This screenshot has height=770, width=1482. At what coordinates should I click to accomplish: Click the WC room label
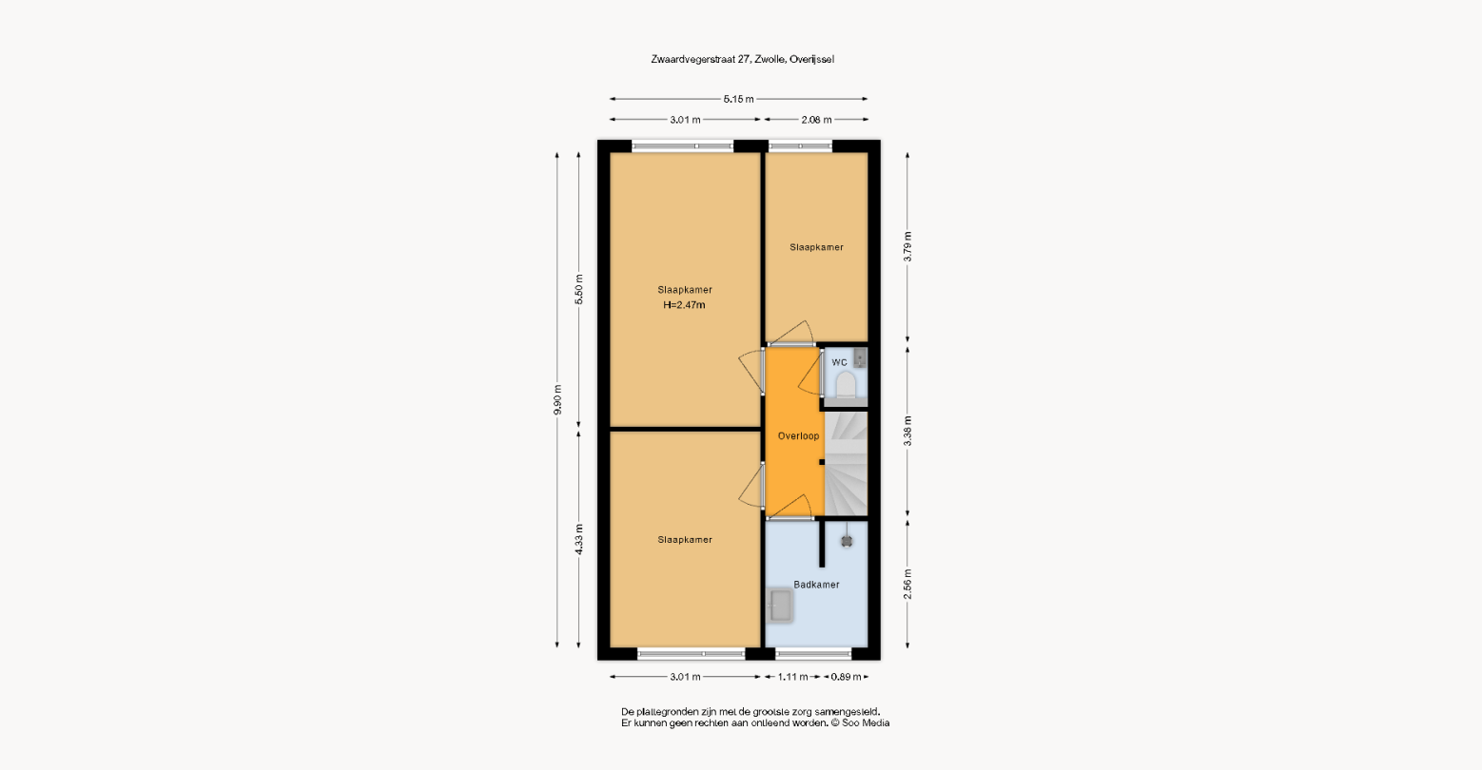tap(839, 362)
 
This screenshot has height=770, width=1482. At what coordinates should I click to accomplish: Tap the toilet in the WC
tap(846, 385)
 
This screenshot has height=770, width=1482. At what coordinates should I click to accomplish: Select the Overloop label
tap(798, 435)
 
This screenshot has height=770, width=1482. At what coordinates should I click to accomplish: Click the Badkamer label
tap(816, 585)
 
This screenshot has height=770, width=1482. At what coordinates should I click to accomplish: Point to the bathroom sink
tap(780, 606)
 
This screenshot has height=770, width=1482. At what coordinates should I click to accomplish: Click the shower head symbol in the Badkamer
tap(847, 541)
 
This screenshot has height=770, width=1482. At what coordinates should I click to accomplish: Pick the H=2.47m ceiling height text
tap(684, 305)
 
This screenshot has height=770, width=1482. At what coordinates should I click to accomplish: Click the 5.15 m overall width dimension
tap(738, 99)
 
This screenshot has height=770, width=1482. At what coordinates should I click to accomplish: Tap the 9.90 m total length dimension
tap(557, 399)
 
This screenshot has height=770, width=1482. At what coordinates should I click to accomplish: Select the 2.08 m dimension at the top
tap(816, 120)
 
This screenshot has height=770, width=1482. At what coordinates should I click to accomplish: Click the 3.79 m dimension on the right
tap(907, 246)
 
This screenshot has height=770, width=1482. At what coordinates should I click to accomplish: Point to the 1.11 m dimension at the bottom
tap(792, 677)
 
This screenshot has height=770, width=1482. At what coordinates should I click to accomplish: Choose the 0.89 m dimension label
tap(847, 677)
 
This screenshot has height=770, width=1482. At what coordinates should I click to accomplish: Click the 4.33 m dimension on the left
tap(579, 539)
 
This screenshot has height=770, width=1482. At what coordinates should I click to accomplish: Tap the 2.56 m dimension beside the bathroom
tap(907, 585)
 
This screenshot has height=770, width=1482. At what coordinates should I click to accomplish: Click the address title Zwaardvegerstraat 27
tap(701, 60)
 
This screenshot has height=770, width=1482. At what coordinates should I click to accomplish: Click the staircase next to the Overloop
tap(846, 463)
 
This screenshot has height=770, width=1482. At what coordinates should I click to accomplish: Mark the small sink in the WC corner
tap(860, 357)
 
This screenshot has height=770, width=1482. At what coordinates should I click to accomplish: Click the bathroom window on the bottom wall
tap(813, 654)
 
